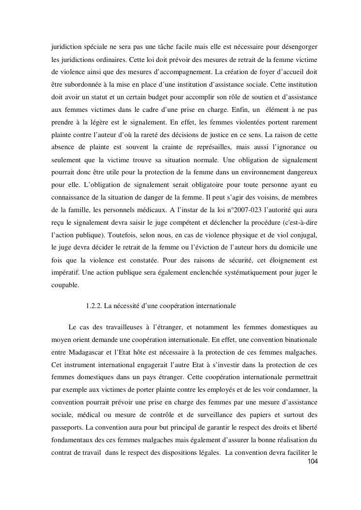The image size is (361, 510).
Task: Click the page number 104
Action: [x=313, y=462]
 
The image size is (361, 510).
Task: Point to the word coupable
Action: [x=65, y=284]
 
